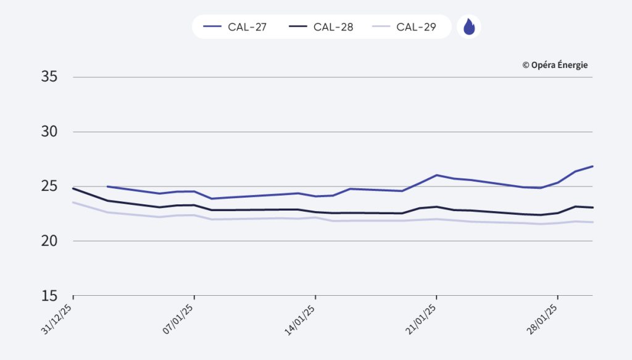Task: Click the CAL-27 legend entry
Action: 235,27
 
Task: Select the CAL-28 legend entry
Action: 322,27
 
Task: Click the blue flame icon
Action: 469,27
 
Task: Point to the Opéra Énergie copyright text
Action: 555,65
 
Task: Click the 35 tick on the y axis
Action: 49,77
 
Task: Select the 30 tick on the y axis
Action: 49,132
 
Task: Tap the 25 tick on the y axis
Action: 49,186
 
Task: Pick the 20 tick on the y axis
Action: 49,241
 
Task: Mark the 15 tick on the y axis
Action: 49,295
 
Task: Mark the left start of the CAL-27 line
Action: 108,186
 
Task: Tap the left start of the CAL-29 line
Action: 73,203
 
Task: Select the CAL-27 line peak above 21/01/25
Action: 436,175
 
